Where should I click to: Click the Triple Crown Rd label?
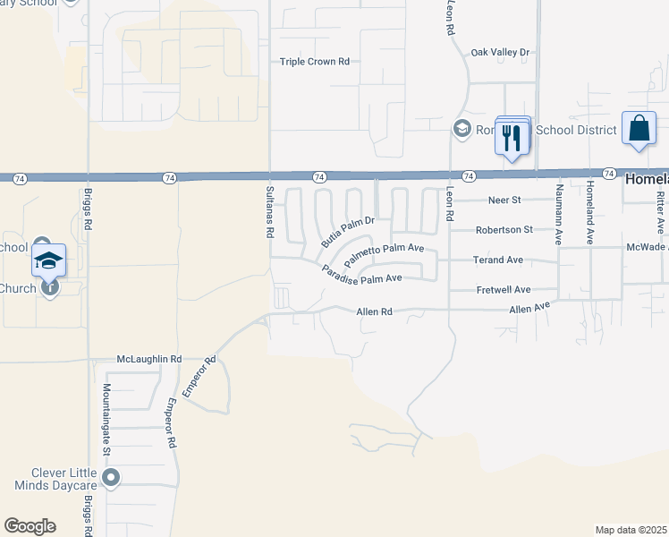click(314, 62)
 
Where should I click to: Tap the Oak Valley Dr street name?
click(500, 53)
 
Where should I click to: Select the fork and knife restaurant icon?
click(512, 137)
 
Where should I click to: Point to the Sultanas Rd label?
click(269, 212)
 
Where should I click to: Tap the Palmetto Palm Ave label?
click(384, 251)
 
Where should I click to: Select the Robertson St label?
click(503, 229)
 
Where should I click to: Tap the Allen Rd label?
click(374, 311)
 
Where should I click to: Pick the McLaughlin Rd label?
click(149, 359)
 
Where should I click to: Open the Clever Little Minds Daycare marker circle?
click(111, 477)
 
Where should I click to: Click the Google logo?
click(30, 526)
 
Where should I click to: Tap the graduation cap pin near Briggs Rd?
click(49, 260)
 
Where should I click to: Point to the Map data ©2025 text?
click(630, 530)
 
